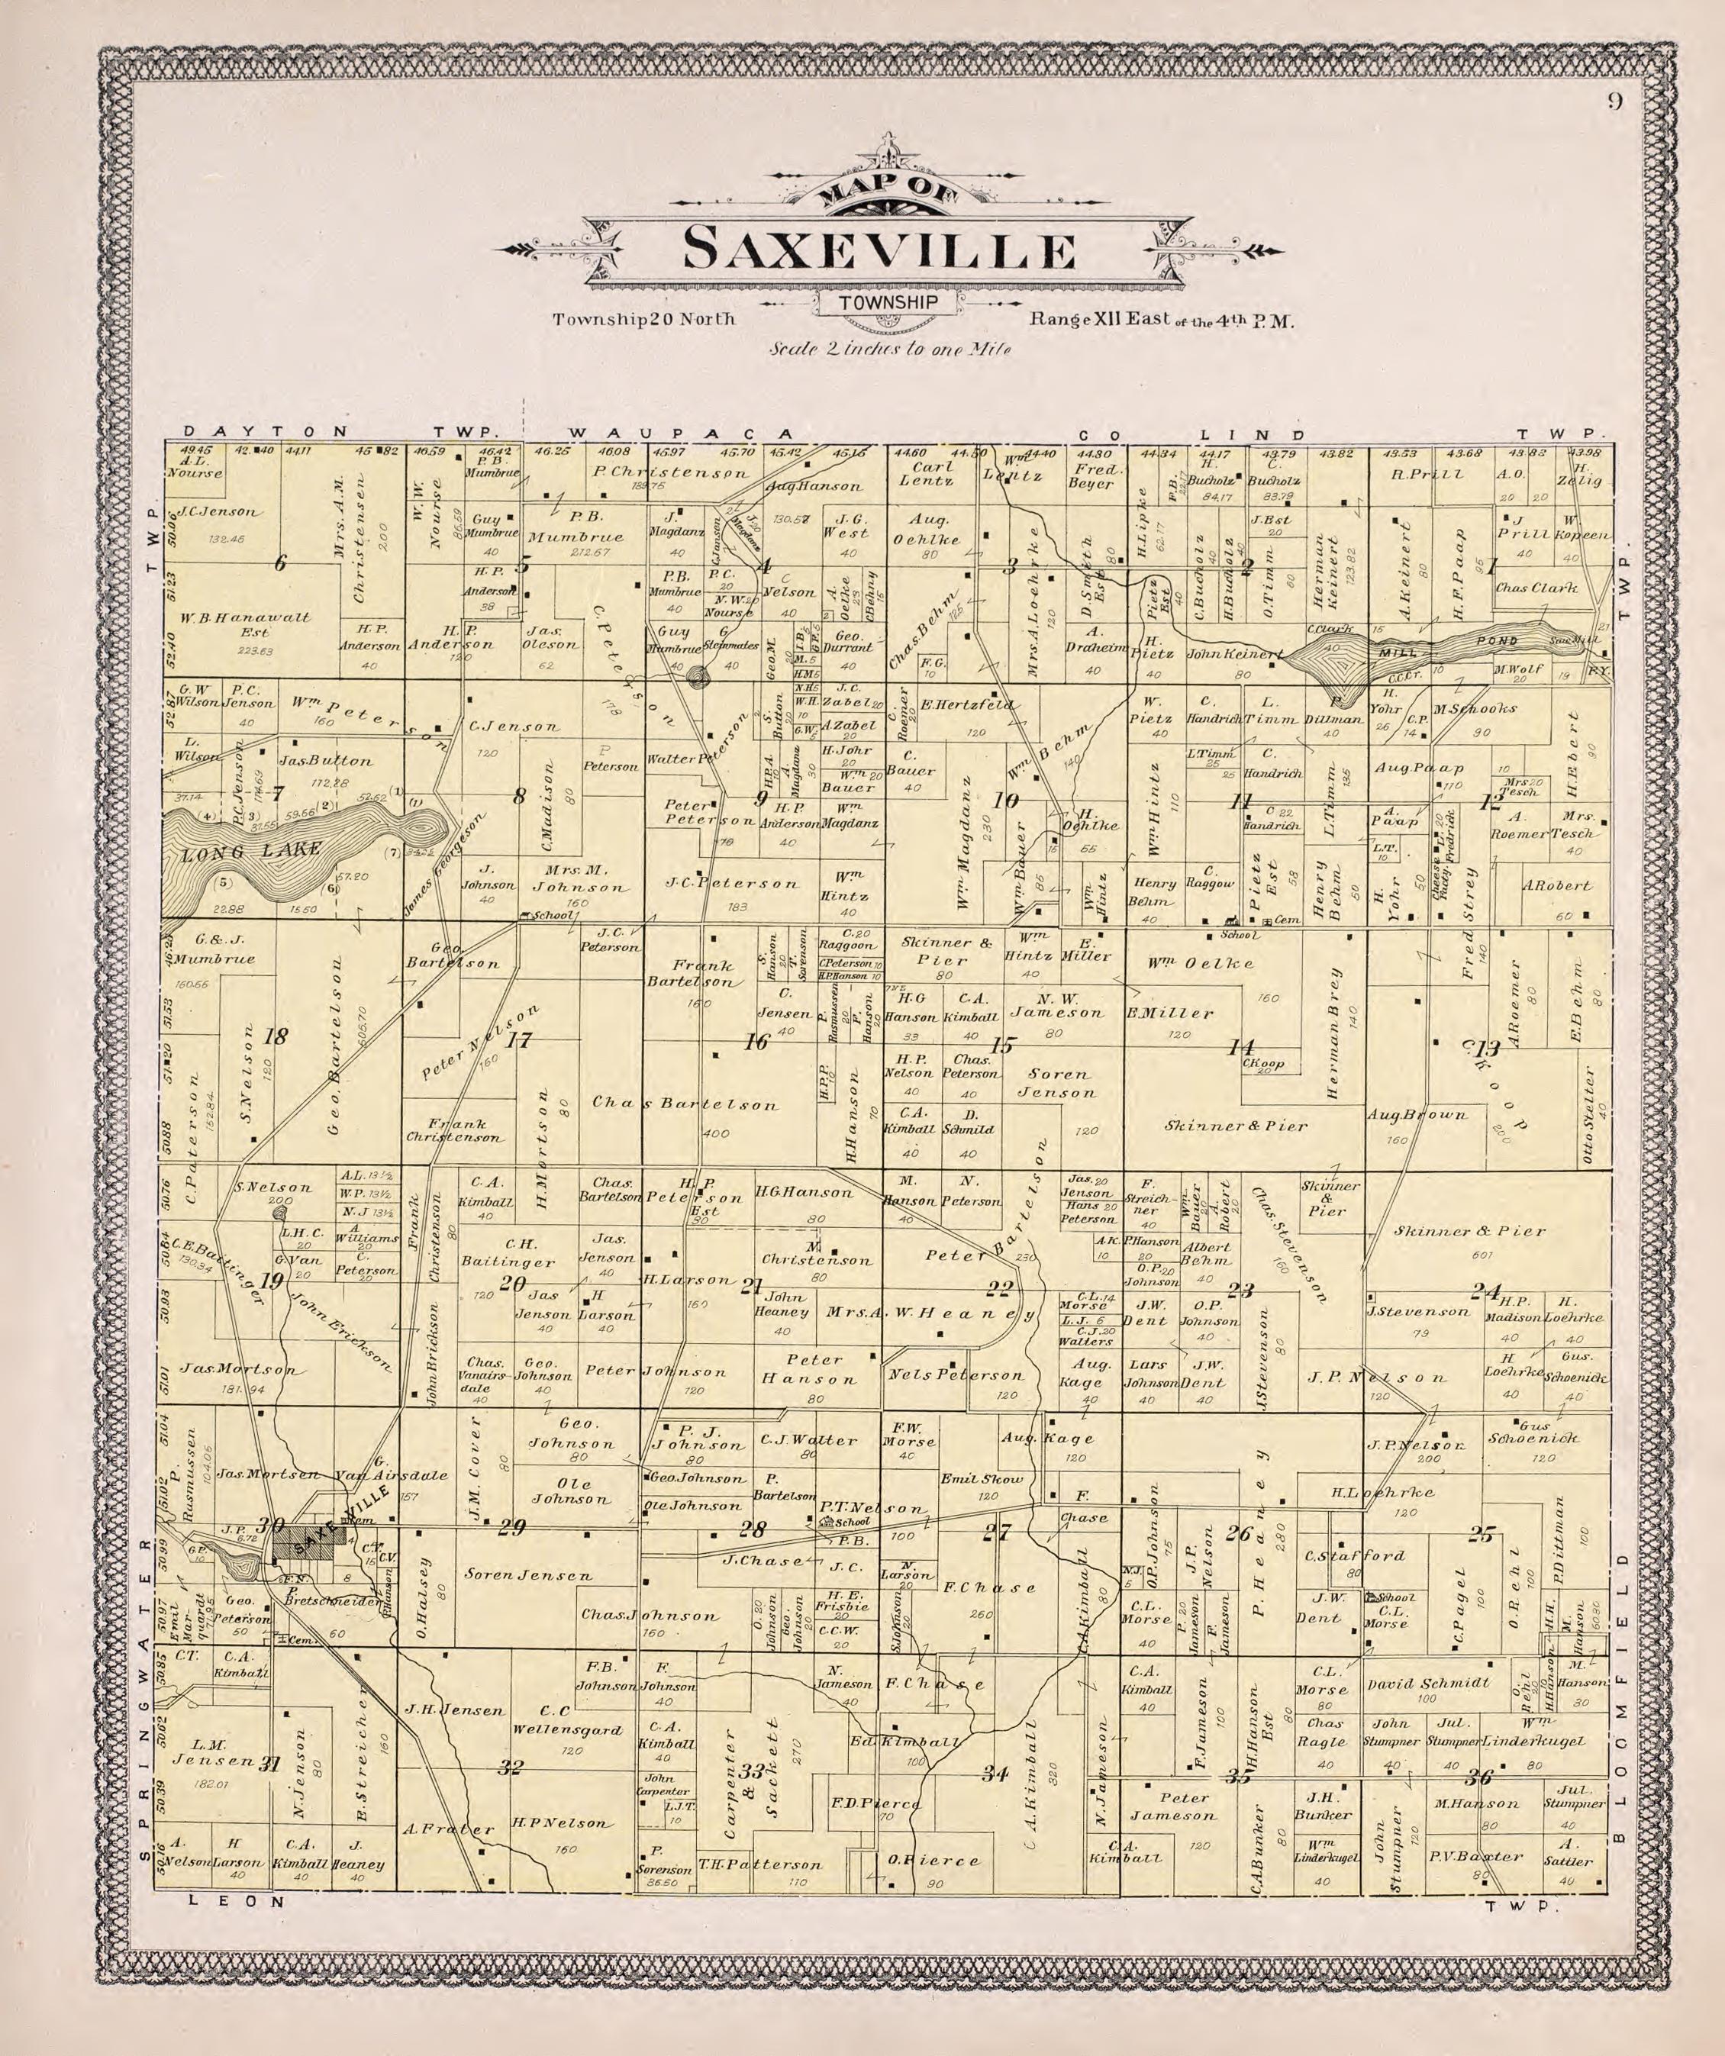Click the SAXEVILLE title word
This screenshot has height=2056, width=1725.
879,250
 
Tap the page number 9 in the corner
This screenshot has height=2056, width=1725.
1614,101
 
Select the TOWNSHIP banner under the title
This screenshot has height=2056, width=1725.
887,304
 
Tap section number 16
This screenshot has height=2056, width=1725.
756,1042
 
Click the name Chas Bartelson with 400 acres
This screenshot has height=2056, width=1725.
685,1104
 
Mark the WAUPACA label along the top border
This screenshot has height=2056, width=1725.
679,433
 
